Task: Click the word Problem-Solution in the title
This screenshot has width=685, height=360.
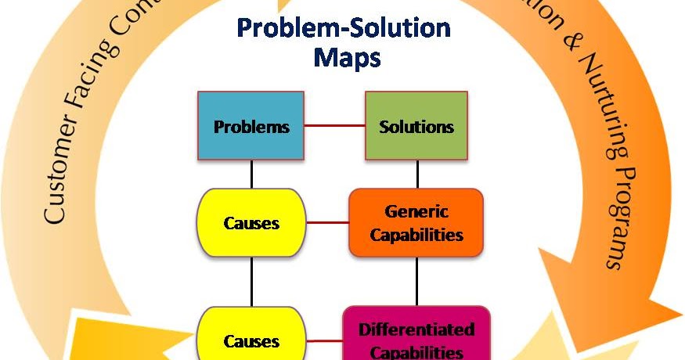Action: coord(344,28)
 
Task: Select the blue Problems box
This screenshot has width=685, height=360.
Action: coord(251,126)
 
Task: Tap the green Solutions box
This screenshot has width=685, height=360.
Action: coord(416,126)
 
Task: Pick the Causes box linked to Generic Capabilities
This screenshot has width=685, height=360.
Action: coord(251,223)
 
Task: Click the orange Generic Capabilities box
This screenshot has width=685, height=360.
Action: coord(416,223)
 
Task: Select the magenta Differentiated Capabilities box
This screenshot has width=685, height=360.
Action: coord(416,337)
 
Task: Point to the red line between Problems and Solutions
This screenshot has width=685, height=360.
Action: coord(335,125)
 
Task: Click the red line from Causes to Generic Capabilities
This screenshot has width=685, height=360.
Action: coord(326,223)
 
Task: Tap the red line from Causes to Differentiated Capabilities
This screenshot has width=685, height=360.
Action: coord(323,340)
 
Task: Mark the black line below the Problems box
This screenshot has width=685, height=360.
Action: coord(251,175)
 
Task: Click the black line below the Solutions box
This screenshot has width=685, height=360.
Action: coord(417,175)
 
